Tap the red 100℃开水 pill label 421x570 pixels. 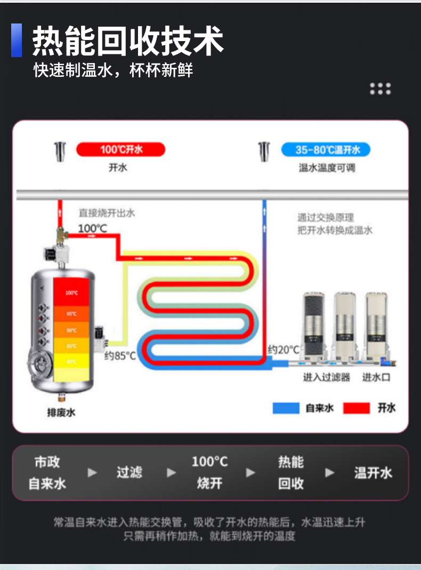coord(120,149)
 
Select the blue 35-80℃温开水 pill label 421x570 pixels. coord(325,149)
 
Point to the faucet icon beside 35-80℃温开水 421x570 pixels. coord(263,152)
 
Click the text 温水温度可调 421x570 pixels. coord(327,168)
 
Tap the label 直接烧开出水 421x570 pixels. coord(107,213)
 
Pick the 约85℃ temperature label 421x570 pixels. coord(120,355)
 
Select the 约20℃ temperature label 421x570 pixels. coord(283,350)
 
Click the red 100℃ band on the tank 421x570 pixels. coord(72,292)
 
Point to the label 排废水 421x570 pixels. coord(61,412)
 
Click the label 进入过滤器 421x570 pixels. coord(327,377)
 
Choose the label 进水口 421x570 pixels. coord(376,377)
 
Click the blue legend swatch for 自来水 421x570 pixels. coord(286,408)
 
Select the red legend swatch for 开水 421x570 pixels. coord(356,408)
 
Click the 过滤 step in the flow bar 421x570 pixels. coord(129,472)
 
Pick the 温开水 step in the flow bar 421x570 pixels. coord(373,472)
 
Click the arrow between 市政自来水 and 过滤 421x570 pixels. coord(92,472)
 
